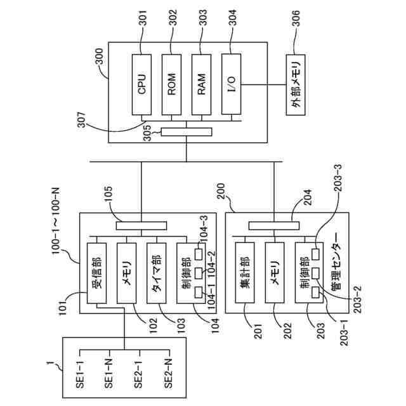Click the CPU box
tap(141, 84)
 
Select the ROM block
tap(171, 84)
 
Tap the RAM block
tap(201, 84)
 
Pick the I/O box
tap(231, 84)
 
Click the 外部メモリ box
tap(296, 84)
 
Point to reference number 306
tap(296, 18)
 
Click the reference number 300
tap(99, 56)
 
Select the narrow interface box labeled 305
tap(187, 132)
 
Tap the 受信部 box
tap(96, 273)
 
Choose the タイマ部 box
tap(157, 273)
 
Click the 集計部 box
tap(245, 273)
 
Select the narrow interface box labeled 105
tap(141, 226)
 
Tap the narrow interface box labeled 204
tap(274, 226)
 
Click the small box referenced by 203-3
tap(316, 254)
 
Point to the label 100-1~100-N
tap(56, 221)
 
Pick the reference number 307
tap(82, 119)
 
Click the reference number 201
tap(258, 331)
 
